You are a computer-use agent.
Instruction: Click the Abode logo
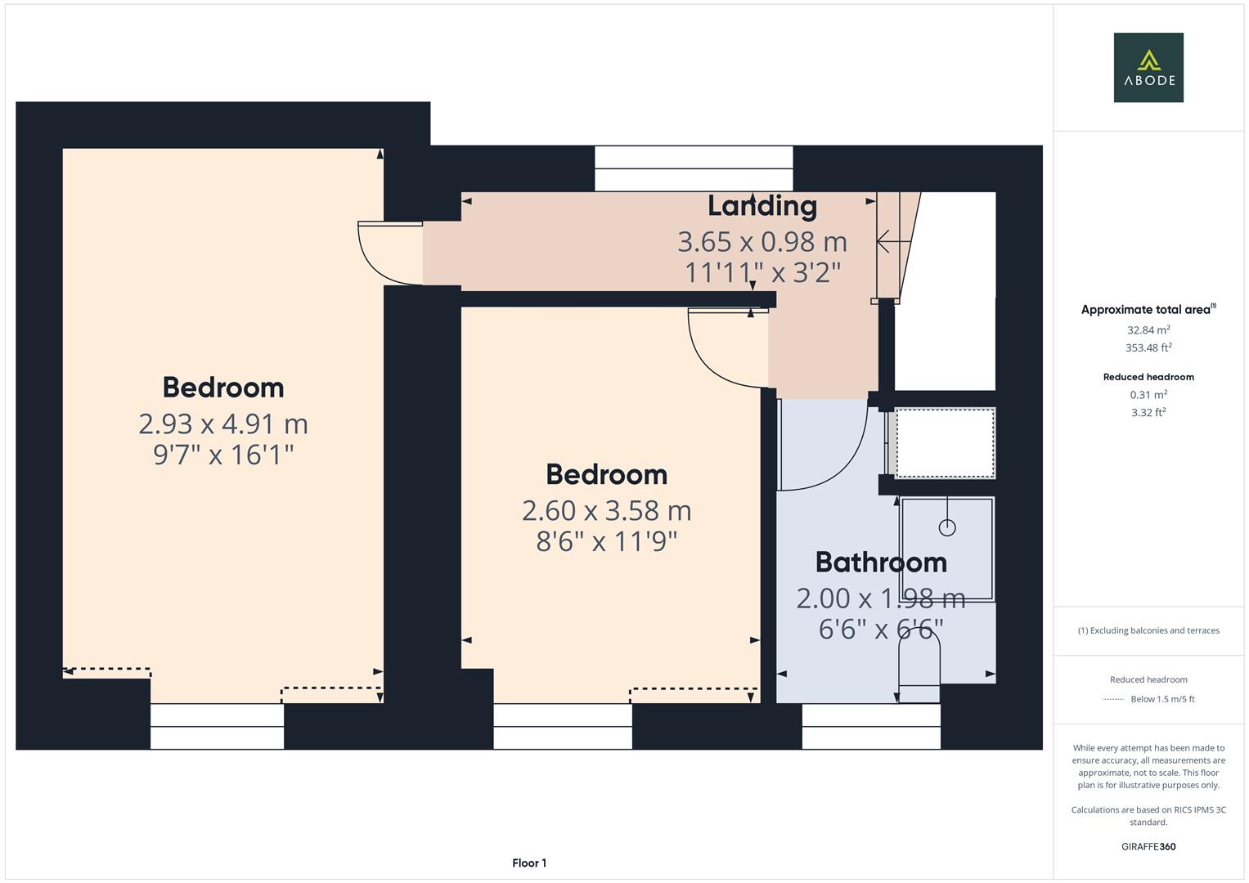pyautogui.click(x=1148, y=68)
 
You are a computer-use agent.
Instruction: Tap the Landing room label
pyautogui.click(x=762, y=206)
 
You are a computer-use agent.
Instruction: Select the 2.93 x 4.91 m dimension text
pyautogui.click(x=223, y=424)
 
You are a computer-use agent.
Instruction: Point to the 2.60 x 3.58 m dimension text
pyautogui.click(x=606, y=510)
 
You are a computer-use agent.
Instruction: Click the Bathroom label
pyautogui.click(x=881, y=563)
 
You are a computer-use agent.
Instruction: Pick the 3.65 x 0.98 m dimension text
pyautogui.click(x=762, y=242)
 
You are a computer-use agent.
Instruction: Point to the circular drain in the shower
pyautogui.click(x=947, y=527)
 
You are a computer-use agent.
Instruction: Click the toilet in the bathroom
pyautogui.click(x=919, y=666)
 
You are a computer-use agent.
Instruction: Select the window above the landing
pyautogui.click(x=694, y=168)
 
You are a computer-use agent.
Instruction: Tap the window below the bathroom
pyautogui.click(x=871, y=726)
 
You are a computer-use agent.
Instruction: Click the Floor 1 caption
pyautogui.click(x=529, y=863)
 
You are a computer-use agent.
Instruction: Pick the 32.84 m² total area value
pyautogui.click(x=1148, y=330)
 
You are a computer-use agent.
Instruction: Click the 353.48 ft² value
pyautogui.click(x=1148, y=348)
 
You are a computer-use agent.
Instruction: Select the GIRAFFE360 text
pyautogui.click(x=1148, y=846)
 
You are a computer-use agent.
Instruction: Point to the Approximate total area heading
pyautogui.click(x=1148, y=310)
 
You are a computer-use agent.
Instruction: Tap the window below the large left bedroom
pyautogui.click(x=217, y=726)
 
